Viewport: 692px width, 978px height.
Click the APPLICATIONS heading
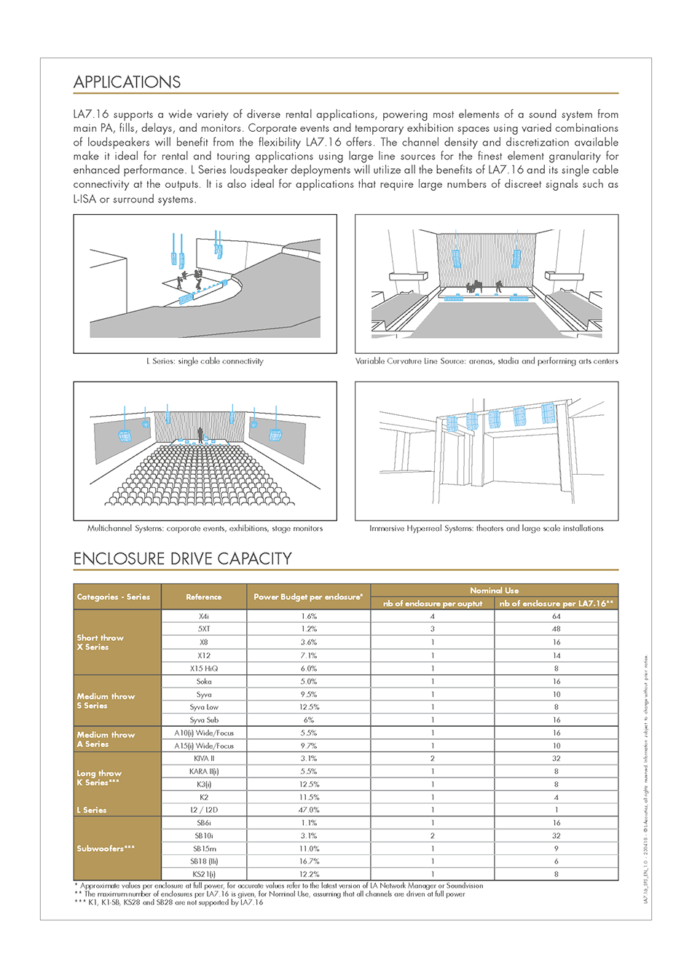pos(127,82)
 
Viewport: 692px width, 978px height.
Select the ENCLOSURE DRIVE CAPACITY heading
pos(182,559)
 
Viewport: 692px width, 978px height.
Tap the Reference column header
pos(204,597)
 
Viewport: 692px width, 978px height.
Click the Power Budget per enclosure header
pos(308,597)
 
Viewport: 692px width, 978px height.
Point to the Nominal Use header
pos(494,590)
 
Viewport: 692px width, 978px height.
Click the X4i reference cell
pos(204,616)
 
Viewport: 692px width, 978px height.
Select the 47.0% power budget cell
pos(309,810)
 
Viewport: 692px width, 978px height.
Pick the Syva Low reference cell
pos(204,707)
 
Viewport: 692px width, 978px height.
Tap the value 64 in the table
pos(557,616)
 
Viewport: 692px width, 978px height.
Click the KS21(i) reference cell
pos(204,874)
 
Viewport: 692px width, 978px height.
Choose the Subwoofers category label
pos(106,848)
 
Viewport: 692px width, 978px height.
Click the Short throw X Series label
pos(101,642)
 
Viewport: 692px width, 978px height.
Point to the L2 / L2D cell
pos(204,810)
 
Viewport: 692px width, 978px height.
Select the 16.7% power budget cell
pos(309,861)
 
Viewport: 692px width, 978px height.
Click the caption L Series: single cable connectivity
pos(205,361)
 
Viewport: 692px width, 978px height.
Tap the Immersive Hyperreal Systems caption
pos(486,529)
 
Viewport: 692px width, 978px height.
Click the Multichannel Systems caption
pos(205,529)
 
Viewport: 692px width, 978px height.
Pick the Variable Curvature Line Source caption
pos(486,361)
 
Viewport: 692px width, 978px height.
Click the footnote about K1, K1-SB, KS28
pos(168,902)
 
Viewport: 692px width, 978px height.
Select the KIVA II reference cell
pos(204,759)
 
